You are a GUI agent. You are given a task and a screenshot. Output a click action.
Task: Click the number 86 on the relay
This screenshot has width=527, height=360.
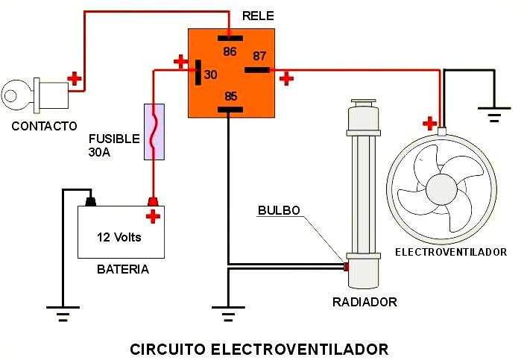tap(230, 51)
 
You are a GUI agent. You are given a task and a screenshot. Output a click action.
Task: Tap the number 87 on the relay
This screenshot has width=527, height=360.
tap(259, 56)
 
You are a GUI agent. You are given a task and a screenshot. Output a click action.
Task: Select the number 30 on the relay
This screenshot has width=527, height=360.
tap(210, 75)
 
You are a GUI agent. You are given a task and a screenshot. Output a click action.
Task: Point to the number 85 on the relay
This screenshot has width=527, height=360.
tap(231, 96)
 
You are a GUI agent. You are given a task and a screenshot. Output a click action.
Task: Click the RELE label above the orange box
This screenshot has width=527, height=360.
tap(258, 16)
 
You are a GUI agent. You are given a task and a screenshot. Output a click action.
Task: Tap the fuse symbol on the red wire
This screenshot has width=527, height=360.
tap(154, 132)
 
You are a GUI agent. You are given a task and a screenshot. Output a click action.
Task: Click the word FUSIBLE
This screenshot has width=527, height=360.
tap(114, 139)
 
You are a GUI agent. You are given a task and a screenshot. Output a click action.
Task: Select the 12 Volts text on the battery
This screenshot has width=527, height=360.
tap(119, 237)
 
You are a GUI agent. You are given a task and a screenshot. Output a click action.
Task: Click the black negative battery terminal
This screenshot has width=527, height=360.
tap(90, 202)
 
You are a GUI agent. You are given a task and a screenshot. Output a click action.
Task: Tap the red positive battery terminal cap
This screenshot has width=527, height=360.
tap(153, 202)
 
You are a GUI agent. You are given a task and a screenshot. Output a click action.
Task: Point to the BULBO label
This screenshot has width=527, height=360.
tap(279, 210)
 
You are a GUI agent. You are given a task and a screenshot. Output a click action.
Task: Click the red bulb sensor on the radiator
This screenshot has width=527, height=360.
tap(346, 267)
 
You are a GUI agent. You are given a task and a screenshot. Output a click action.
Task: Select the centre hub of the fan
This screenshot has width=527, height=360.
tap(441, 189)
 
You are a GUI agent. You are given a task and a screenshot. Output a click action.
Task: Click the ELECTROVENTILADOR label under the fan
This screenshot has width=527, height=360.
tap(451, 252)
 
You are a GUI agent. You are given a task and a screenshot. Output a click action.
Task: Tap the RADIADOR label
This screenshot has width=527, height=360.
tap(365, 302)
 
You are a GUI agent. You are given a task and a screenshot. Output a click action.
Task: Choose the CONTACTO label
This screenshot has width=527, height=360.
tap(44, 127)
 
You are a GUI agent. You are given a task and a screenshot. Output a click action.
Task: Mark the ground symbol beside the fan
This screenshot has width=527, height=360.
tap(494, 114)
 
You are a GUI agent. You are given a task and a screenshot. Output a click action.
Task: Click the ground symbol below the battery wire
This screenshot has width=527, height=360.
tap(63, 314)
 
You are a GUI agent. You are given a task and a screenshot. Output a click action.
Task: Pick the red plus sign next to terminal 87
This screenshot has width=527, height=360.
tap(286, 79)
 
